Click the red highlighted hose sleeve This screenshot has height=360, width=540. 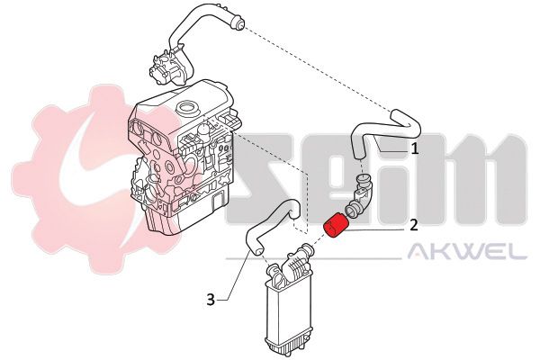click(x=336, y=226)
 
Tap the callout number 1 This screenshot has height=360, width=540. click(x=415, y=148)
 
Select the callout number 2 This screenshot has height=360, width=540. click(x=414, y=225)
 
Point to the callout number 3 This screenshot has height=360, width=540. click(x=211, y=300)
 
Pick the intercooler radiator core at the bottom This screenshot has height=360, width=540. click(x=288, y=316)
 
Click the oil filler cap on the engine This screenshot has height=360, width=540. click(x=188, y=108)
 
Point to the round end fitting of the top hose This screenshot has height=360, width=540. click(x=238, y=22)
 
